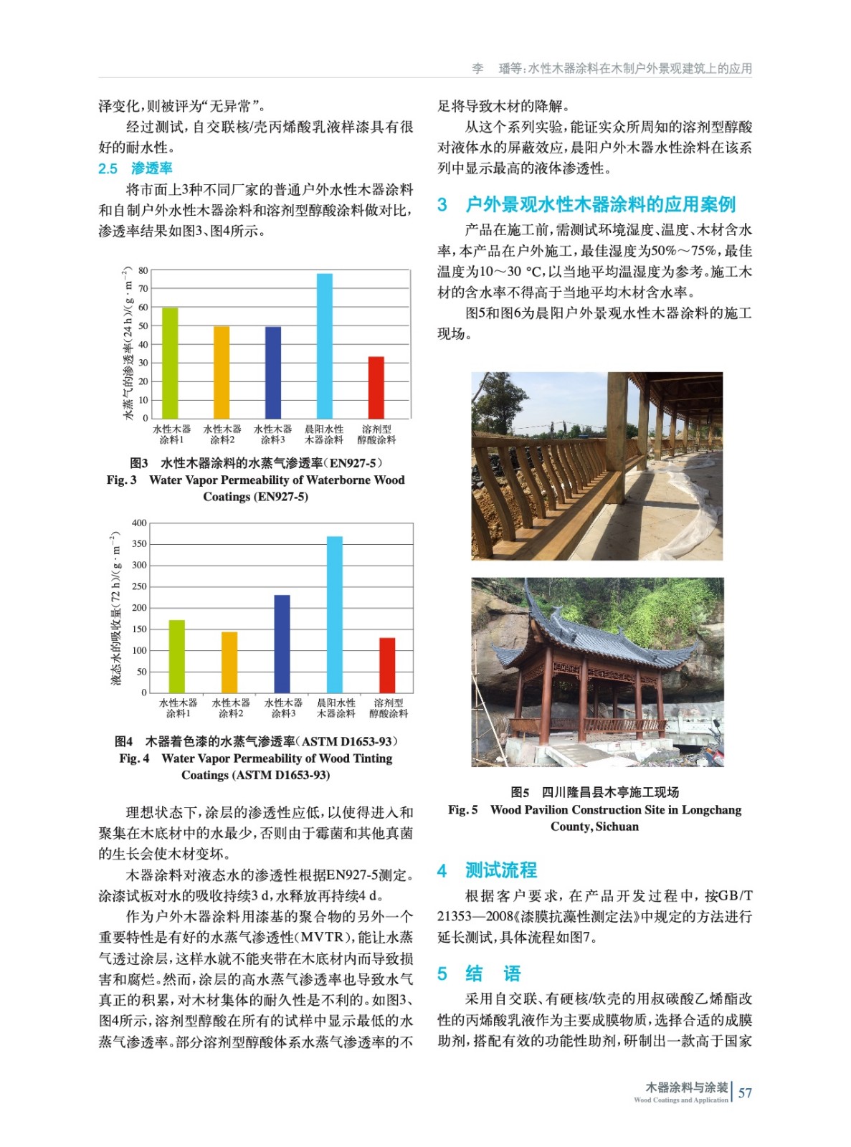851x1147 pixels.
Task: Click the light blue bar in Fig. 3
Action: click(324, 346)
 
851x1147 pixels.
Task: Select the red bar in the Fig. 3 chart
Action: click(376, 387)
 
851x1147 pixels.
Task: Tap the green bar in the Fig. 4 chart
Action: click(176, 656)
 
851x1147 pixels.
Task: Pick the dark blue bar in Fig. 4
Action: click(282, 643)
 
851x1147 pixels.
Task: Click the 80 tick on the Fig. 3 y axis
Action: click(143, 271)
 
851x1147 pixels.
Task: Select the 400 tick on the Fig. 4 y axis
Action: click(139, 523)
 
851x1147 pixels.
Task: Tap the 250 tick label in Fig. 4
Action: click(139, 587)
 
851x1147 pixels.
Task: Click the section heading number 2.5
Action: click(108, 169)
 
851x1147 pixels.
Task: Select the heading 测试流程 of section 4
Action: click(500, 870)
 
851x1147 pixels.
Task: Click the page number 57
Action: click(746, 1093)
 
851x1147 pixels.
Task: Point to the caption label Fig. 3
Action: click(121, 480)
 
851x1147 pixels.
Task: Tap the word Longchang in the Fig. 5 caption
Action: click(711, 810)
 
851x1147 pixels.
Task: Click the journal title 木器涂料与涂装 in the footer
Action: click(686, 1087)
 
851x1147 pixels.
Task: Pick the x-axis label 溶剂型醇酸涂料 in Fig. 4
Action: click(389, 708)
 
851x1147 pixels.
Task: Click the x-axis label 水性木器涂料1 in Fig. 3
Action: click(171, 434)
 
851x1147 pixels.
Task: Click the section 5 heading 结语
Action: click(493, 974)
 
